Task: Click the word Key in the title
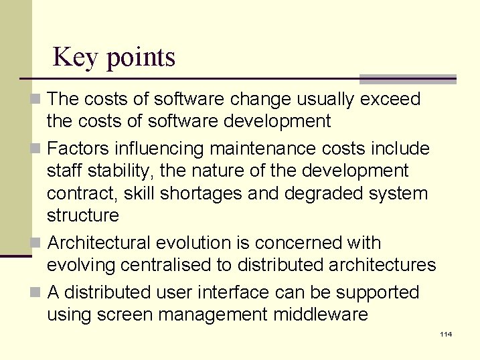pyautogui.click(x=75, y=57)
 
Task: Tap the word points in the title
pyautogui.click(x=141, y=58)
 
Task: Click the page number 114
pyautogui.click(x=446, y=334)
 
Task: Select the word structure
pyautogui.click(x=82, y=215)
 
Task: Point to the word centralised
pyautogui.click(x=161, y=265)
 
